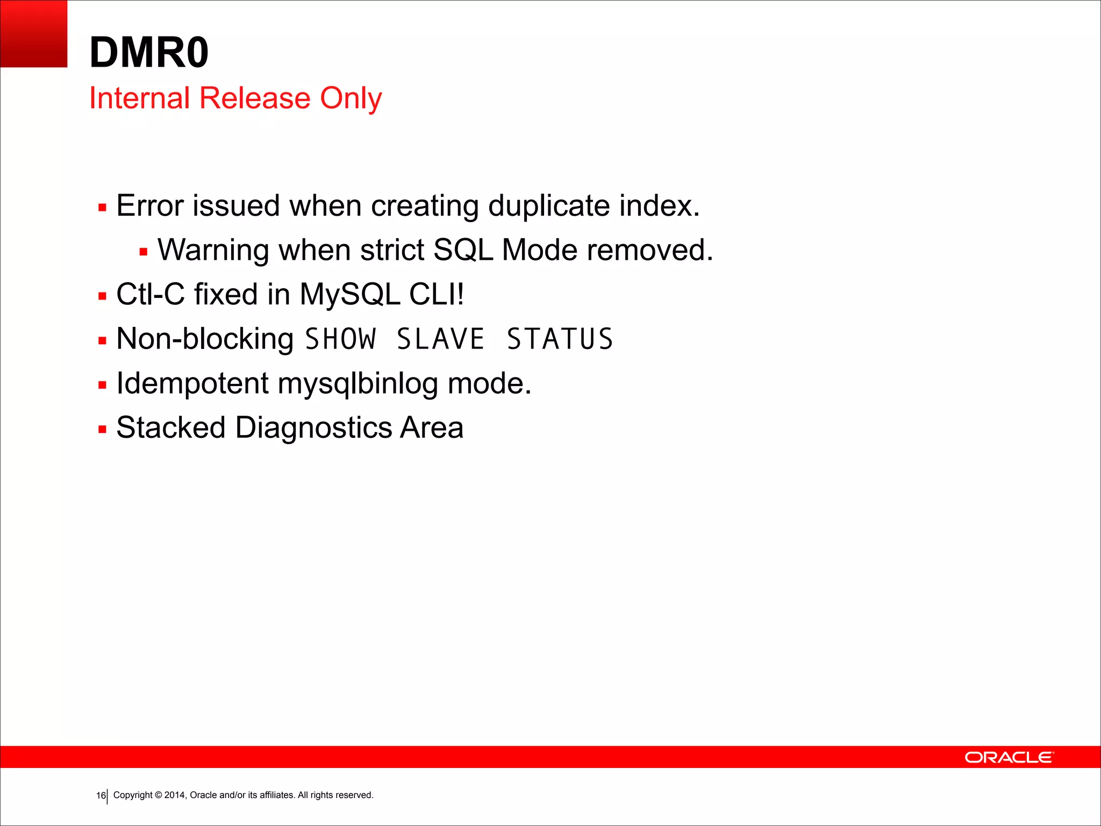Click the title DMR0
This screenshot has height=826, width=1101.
(x=149, y=52)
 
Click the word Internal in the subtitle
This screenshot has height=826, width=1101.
(x=139, y=98)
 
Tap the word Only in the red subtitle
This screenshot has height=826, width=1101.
(x=351, y=98)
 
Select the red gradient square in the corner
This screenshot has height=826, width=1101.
(x=33, y=33)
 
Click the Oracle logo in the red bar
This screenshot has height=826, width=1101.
(x=1009, y=757)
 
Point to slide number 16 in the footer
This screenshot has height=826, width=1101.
(x=101, y=795)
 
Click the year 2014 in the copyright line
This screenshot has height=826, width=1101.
(x=175, y=795)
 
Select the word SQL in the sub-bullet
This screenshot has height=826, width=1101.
(x=463, y=250)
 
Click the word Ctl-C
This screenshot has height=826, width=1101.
(x=150, y=294)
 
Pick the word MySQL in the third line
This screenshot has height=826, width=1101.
(x=349, y=294)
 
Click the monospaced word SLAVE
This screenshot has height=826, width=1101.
(x=440, y=339)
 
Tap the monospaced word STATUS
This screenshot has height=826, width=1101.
(x=560, y=339)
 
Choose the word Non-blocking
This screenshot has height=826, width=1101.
(x=205, y=339)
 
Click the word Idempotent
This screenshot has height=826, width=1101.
(x=192, y=383)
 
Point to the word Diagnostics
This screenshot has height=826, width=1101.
(x=313, y=428)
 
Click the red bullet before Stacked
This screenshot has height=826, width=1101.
(x=103, y=429)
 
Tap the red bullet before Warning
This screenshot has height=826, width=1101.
(x=144, y=251)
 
